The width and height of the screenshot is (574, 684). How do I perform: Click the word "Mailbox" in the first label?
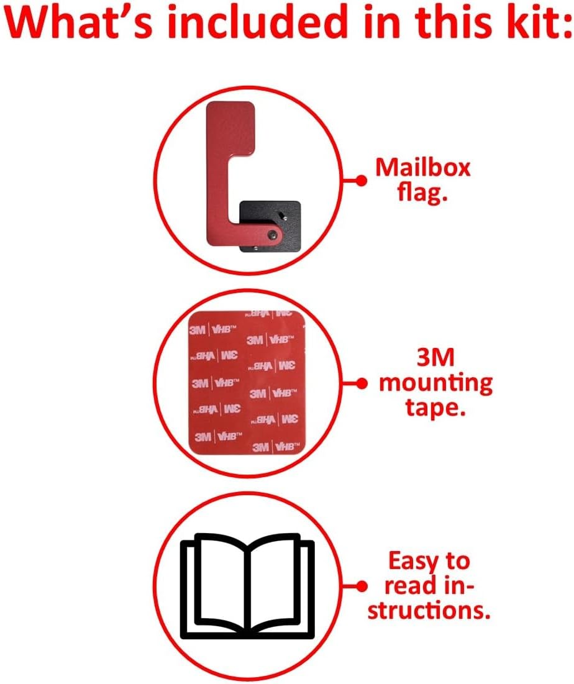(423, 168)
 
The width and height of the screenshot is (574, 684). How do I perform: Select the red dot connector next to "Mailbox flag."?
(358, 180)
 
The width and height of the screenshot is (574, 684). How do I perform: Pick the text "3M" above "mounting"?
(435, 358)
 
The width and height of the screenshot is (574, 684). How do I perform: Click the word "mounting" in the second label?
(435, 384)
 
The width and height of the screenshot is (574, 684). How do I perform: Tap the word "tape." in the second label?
(435, 408)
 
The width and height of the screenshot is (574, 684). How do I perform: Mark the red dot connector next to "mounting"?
(358, 383)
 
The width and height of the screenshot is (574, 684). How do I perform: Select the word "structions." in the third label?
(428, 611)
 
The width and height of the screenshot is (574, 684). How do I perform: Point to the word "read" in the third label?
(404, 586)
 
